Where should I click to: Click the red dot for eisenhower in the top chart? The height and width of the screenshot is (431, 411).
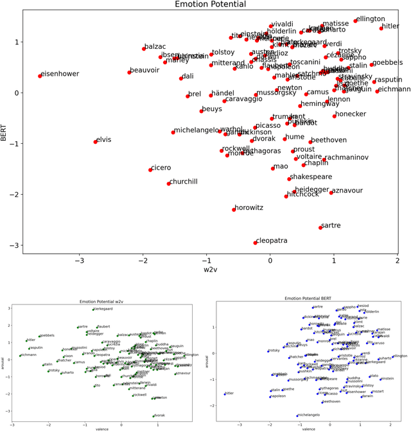click(x=40, y=76)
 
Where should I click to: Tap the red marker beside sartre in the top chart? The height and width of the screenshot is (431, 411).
click(x=320, y=227)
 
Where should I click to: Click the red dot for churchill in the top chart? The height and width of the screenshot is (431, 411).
click(x=169, y=184)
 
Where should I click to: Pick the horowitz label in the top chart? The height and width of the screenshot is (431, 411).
click(x=250, y=207)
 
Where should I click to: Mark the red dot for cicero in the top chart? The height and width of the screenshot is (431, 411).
click(x=151, y=170)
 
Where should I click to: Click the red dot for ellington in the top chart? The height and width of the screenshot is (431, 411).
click(x=355, y=21)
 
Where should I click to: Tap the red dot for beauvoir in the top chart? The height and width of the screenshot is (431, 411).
click(x=129, y=72)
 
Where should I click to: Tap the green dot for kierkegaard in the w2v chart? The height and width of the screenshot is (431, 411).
click(x=93, y=310)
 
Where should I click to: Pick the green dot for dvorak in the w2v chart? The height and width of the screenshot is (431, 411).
click(x=154, y=416)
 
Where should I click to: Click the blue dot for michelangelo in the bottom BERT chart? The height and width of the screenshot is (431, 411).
click(x=297, y=416)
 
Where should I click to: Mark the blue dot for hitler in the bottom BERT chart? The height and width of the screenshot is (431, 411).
click(x=225, y=394)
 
